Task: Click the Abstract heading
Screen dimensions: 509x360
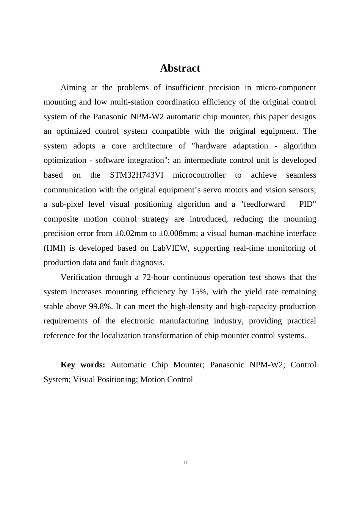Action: [x=180, y=68]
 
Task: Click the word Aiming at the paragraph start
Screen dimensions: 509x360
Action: [x=73, y=88]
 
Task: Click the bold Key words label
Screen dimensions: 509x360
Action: [x=83, y=365]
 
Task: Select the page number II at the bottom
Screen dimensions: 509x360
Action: [x=185, y=463]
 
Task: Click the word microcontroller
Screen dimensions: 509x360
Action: [x=199, y=175]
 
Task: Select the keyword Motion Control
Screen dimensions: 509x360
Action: [x=166, y=380]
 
